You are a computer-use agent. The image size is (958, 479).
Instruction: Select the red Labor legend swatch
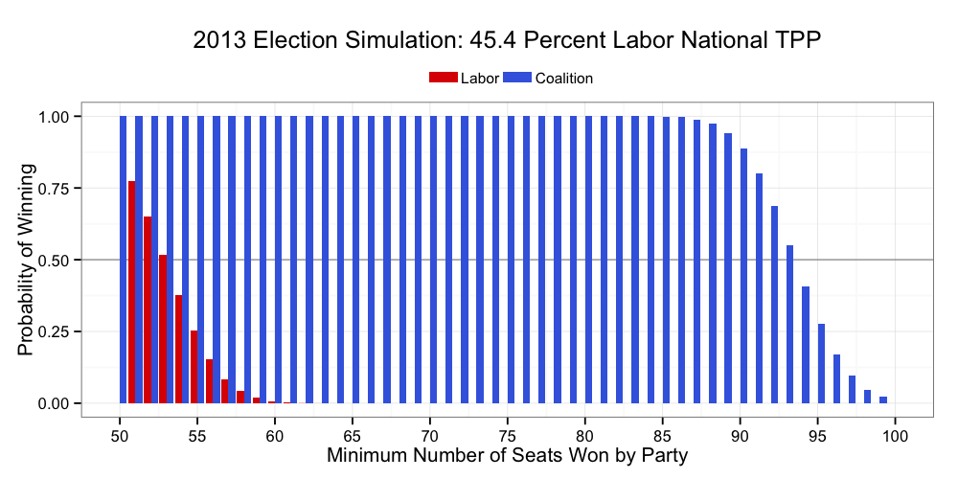pos(444,79)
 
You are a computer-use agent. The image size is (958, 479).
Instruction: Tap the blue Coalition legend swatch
pos(517,79)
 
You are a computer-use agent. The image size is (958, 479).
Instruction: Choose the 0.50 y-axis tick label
pos(54,260)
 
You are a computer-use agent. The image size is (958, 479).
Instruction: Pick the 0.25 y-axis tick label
pos(54,331)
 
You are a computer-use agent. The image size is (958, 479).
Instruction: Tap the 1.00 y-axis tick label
pos(54,116)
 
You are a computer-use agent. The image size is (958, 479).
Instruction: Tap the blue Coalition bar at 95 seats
pos(821,364)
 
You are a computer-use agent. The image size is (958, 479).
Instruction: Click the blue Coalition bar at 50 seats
pos(124,260)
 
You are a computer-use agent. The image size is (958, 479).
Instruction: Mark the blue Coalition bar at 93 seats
pos(790,325)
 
